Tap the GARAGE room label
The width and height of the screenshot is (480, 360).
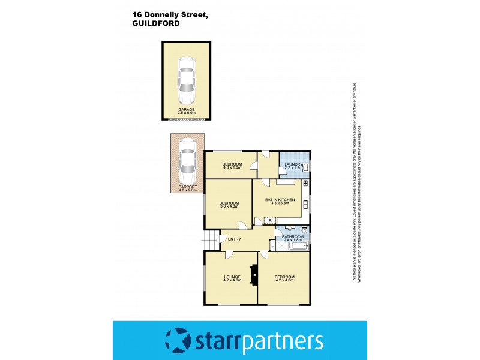(187, 109)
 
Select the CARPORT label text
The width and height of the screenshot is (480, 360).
(187, 187)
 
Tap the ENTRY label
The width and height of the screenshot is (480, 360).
(235, 239)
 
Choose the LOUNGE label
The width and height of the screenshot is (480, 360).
(232, 277)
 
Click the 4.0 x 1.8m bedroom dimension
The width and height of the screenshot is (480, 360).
(232, 168)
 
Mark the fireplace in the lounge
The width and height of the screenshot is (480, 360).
(254, 277)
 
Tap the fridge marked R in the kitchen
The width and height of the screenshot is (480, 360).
(271, 221)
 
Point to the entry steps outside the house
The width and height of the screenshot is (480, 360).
(210, 240)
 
